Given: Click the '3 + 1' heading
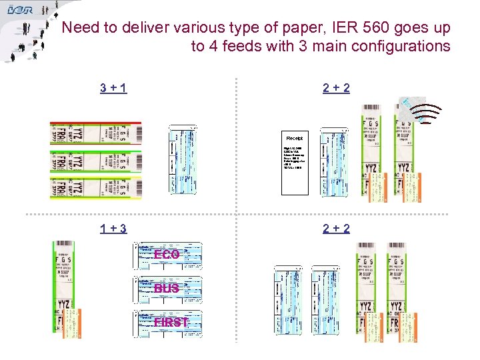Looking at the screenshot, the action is [x=114, y=87].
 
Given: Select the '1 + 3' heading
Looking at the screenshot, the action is [x=114, y=229].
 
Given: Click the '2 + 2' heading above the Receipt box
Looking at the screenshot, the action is [x=336, y=87].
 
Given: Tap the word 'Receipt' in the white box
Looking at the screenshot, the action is [x=295, y=138].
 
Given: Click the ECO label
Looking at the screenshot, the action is [x=167, y=255].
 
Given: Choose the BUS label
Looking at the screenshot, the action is [x=167, y=289].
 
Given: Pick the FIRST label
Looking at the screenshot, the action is [x=170, y=323].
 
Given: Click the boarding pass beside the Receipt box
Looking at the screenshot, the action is [x=332, y=164].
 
